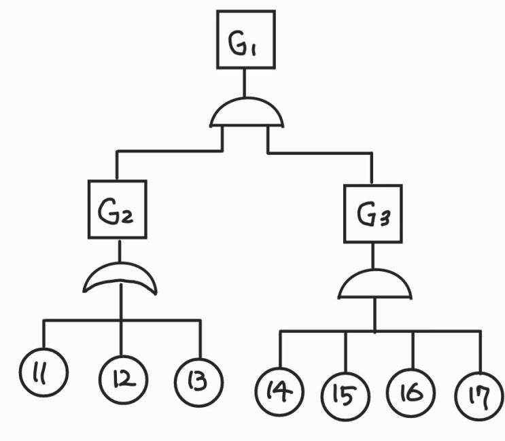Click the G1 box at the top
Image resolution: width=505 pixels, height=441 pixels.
(x=245, y=40)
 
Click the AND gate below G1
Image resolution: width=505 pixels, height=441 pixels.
(x=246, y=113)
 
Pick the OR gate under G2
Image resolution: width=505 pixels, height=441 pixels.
(x=120, y=279)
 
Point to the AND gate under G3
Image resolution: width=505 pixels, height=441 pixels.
(x=375, y=285)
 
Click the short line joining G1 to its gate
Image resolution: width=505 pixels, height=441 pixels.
(x=245, y=82)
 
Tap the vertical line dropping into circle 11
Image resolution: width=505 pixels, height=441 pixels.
(x=43, y=336)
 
